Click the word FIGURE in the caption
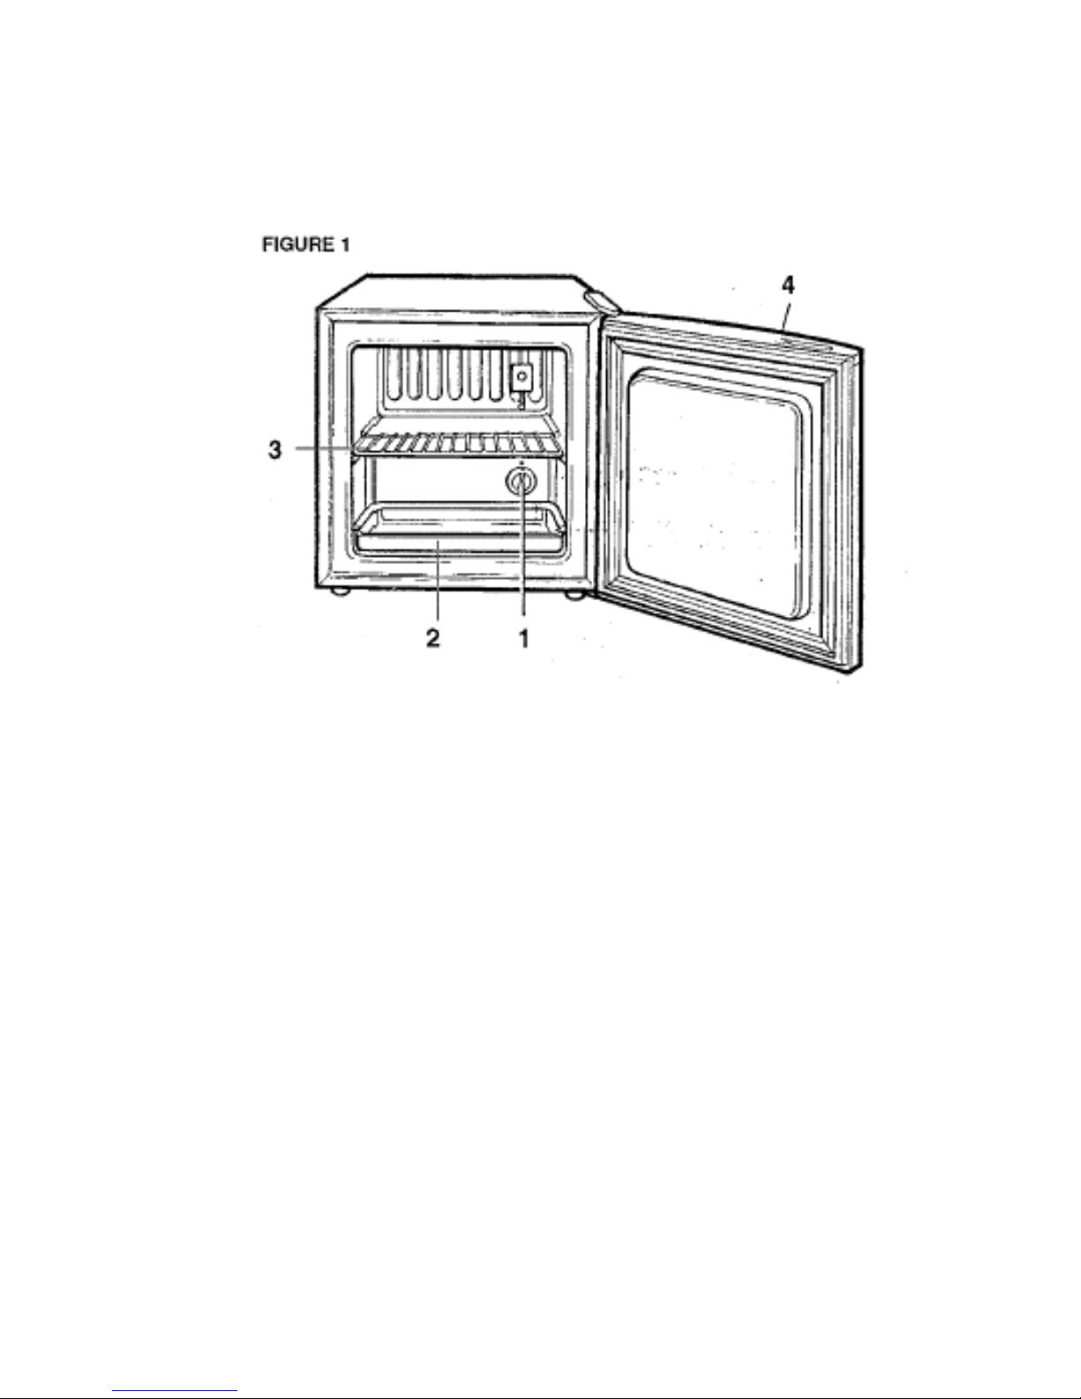click(294, 245)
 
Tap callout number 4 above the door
click(788, 287)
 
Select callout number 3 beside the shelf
click(275, 449)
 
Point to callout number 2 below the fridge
click(433, 637)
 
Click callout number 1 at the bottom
click(524, 637)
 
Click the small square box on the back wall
click(522, 378)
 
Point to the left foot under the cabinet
click(338, 594)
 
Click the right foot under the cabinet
click(575, 596)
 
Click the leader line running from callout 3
click(327, 449)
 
